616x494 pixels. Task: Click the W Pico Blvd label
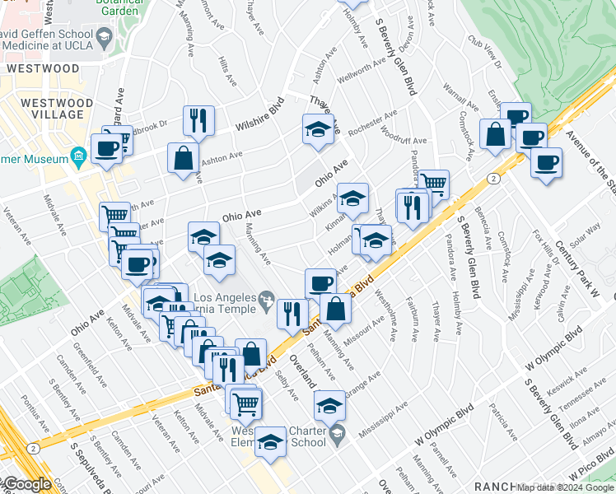pos(576,466)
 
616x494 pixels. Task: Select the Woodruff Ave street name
pos(404,142)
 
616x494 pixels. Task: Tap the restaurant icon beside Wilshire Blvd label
pos(198,121)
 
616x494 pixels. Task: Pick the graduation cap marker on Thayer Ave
pos(318,129)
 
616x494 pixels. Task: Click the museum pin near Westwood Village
pos(78,155)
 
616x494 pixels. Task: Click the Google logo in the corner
pos(26,485)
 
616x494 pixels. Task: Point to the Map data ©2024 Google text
pos(565,487)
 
